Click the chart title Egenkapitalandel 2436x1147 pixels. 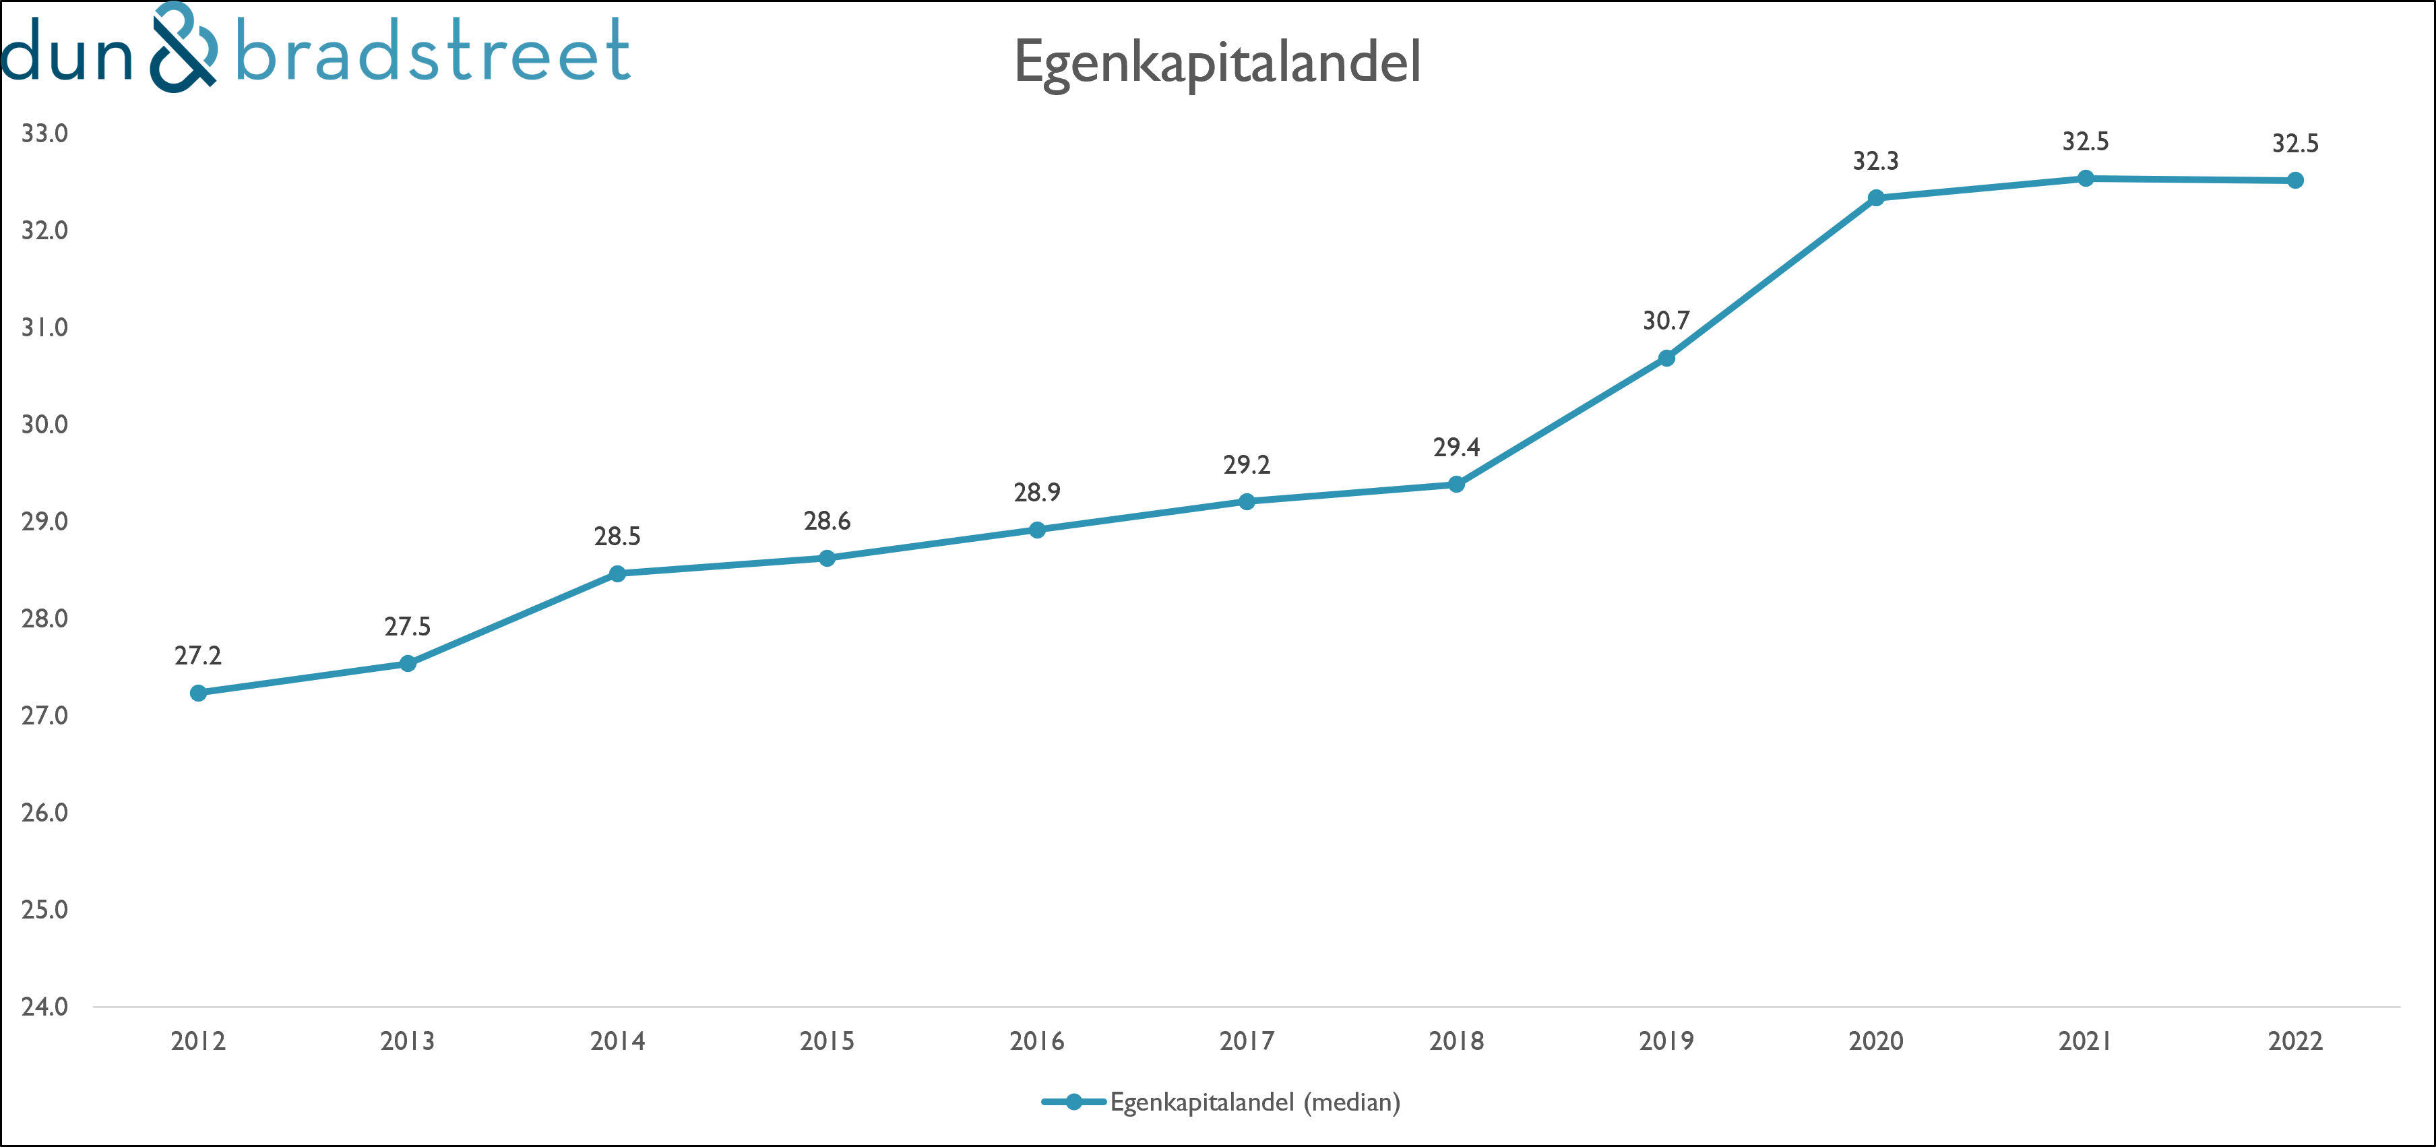pyautogui.click(x=1217, y=63)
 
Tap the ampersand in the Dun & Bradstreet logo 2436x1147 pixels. pyautogui.click(x=185, y=47)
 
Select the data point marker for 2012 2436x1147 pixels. pyautogui.click(x=197, y=693)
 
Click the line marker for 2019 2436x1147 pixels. pyautogui.click(x=1666, y=357)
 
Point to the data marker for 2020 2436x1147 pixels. pyautogui.click(x=1876, y=197)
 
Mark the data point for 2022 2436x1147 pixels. pyautogui.click(x=2295, y=180)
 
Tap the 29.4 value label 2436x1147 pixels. pyautogui.click(x=1456, y=447)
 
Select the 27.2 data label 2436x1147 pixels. pyautogui.click(x=197, y=656)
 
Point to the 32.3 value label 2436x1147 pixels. pyautogui.click(x=1875, y=162)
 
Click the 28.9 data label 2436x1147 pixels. pyautogui.click(x=1036, y=493)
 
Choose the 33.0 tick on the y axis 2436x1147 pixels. pyautogui.click(x=44, y=134)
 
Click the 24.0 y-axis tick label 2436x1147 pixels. pyautogui.click(x=44, y=1006)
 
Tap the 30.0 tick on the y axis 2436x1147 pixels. pyautogui.click(x=44, y=425)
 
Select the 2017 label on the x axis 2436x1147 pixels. pyautogui.click(x=1247, y=1041)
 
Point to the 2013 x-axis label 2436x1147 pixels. pyautogui.click(x=408, y=1041)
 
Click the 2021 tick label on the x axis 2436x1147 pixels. pyautogui.click(x=2085, y=1041)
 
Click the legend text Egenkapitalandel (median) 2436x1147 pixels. pyautogui.click(x=1255, y=1103)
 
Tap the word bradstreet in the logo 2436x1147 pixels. pyautogui.click(x=432, y=51)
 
